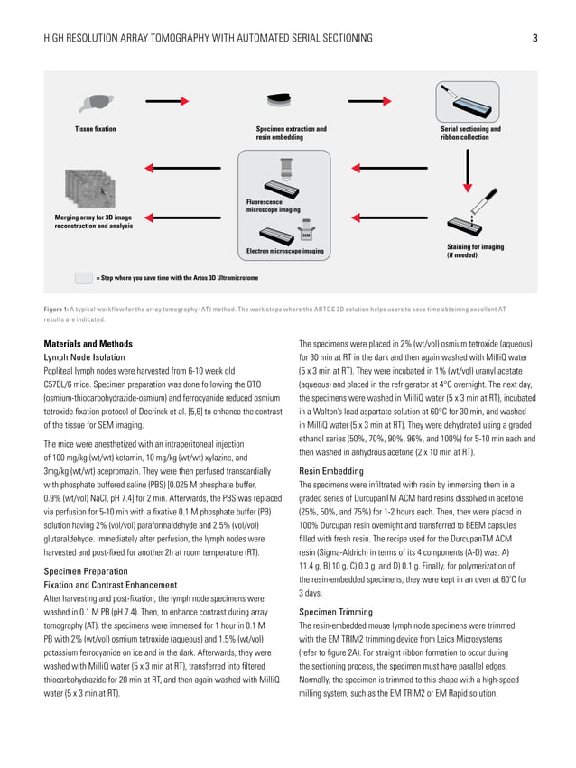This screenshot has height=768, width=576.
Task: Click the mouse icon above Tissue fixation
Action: pyautogui.click(x=96, y=104)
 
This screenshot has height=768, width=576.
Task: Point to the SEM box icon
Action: pyautogui.click(x=307, y=234)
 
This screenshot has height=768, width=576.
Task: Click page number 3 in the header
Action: pyautogui.click(x=534, y=38)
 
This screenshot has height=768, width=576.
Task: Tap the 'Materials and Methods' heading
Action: pyautogui.click(x=88, y=344)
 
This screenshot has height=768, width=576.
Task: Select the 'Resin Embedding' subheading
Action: pyautogui.click(x=330, y=471)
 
